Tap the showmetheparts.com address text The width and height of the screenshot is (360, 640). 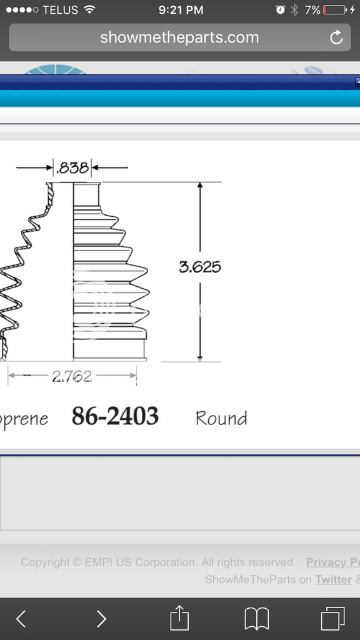point(179,37)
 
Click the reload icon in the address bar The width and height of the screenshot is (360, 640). point(336,37)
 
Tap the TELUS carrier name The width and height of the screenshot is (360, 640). point(61,10)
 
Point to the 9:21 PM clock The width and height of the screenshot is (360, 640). point(181,10)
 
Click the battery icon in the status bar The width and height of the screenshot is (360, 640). point(336,10)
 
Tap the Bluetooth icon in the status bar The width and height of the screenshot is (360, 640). point(294,10)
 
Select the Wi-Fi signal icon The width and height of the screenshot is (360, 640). point(89,10)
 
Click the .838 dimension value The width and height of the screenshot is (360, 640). point(72,167)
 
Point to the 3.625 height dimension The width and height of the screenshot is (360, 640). point(200,267)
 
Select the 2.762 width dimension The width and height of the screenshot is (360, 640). point(71,376)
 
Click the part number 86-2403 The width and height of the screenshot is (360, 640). point(115,416)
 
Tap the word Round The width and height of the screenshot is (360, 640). point(221,417)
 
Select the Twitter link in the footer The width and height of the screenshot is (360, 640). point(333,579)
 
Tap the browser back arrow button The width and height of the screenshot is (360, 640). point(21,619)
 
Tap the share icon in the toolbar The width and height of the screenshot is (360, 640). point(179,618)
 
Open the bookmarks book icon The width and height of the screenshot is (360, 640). point(256,619)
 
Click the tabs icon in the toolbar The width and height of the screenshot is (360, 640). point(332,619)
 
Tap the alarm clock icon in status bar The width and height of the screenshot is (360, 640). point(281,10)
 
